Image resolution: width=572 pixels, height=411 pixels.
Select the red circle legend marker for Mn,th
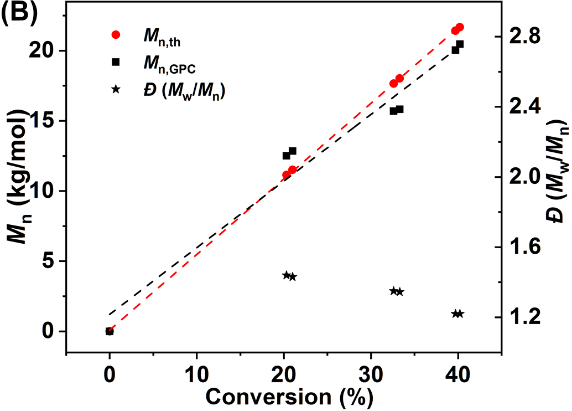click(x=116, y=34)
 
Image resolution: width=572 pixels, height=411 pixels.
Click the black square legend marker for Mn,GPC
click(x=116, y=62)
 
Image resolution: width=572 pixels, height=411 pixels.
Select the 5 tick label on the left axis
click(x=46, y=261)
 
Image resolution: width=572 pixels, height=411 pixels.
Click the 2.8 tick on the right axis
click(x=519, y=37)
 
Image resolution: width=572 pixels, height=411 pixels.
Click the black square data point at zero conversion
click(x=110, y=331)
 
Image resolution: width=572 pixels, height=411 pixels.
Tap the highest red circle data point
click(x=460, y=27)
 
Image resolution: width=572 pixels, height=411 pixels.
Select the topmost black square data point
click(x=460, y=44)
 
